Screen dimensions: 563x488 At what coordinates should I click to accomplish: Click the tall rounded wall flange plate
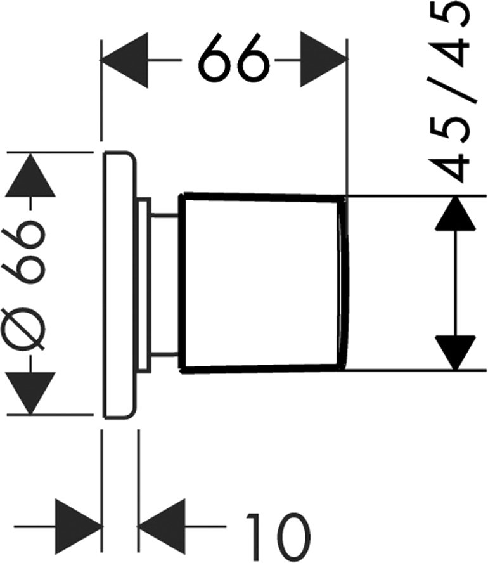click(x=119, y=285)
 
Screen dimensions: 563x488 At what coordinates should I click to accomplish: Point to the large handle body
click(x=260, y=282)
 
